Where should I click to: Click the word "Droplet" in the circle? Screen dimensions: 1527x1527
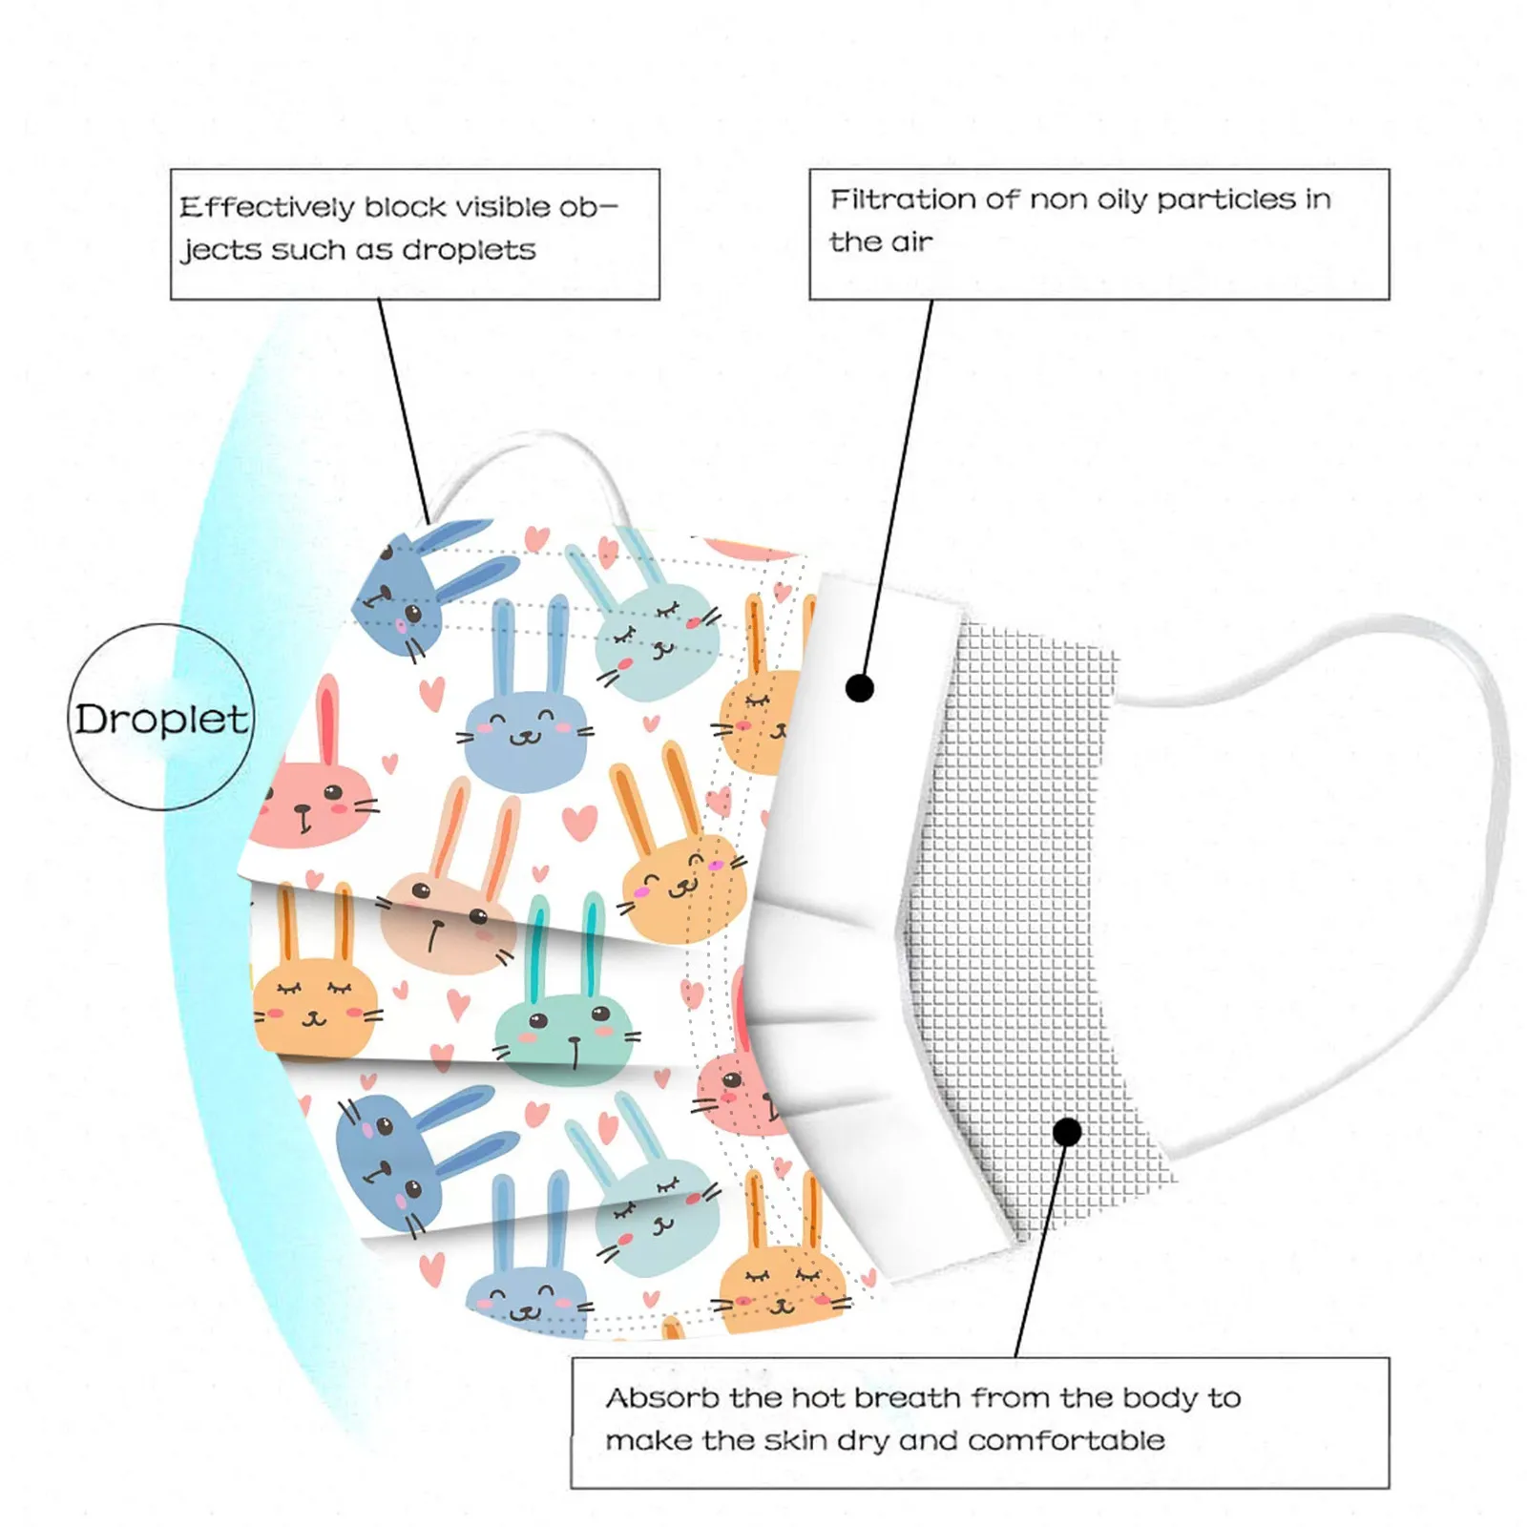click(x=161, y=720)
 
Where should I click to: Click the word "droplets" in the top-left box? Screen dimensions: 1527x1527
click(x=469, y=250)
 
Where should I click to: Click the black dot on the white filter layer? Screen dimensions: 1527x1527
click(x=860, y=687)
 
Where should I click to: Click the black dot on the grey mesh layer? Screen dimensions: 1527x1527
click(x=1068, y=1132)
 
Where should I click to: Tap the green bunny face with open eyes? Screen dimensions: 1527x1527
click(x=565, y=1035)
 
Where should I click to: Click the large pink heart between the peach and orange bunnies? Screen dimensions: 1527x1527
click(x=578, y=821)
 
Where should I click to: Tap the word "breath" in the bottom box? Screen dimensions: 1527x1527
click(x=907, y=1398)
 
